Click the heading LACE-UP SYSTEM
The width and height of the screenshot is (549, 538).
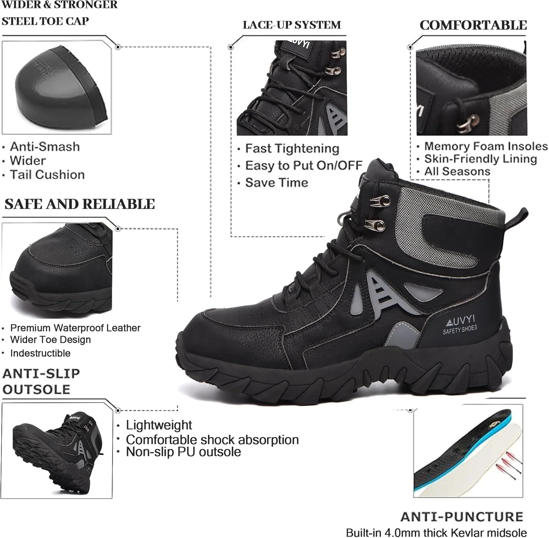[292, 25]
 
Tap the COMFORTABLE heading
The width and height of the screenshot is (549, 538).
[473, 25]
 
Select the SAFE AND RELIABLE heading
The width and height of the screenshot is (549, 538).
[80, 204]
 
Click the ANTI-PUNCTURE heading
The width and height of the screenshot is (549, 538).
[462, 516]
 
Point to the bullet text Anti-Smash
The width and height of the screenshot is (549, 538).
[45, 146]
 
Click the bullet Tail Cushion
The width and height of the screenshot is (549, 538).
[47, 175]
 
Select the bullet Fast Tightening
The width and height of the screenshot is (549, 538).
[292, 149]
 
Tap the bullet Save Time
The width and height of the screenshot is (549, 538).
[277, 182]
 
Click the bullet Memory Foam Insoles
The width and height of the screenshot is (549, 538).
[486, 146]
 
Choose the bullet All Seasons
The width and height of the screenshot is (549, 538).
[457, 171]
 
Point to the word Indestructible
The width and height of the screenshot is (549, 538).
[40, 353]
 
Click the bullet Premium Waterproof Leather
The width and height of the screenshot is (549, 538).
[75, 328]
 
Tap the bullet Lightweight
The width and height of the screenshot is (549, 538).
[159, 425]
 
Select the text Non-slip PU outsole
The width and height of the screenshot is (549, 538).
[183, 452]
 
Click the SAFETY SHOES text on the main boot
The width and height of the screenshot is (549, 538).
[460, 329]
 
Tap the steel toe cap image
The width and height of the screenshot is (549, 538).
[61, 88]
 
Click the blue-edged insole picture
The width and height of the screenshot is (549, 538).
[468, 450]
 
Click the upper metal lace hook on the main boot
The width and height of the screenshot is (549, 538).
[381, 201]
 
